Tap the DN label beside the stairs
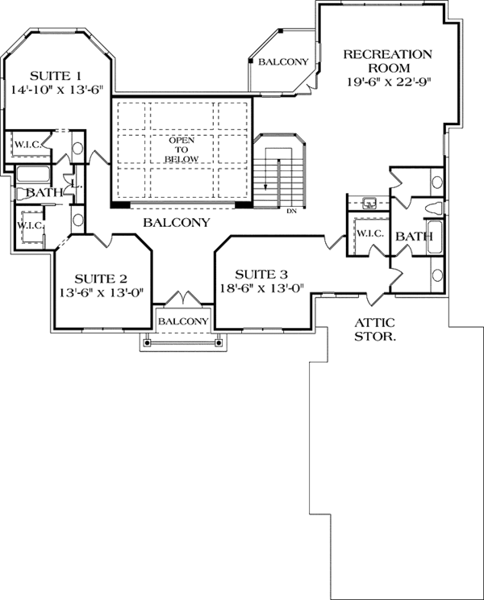[292, 212]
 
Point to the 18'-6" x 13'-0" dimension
[260, 289]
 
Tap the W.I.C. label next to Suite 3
[368, 233]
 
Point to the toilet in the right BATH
[433, 209]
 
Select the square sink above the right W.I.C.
[370, 203]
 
